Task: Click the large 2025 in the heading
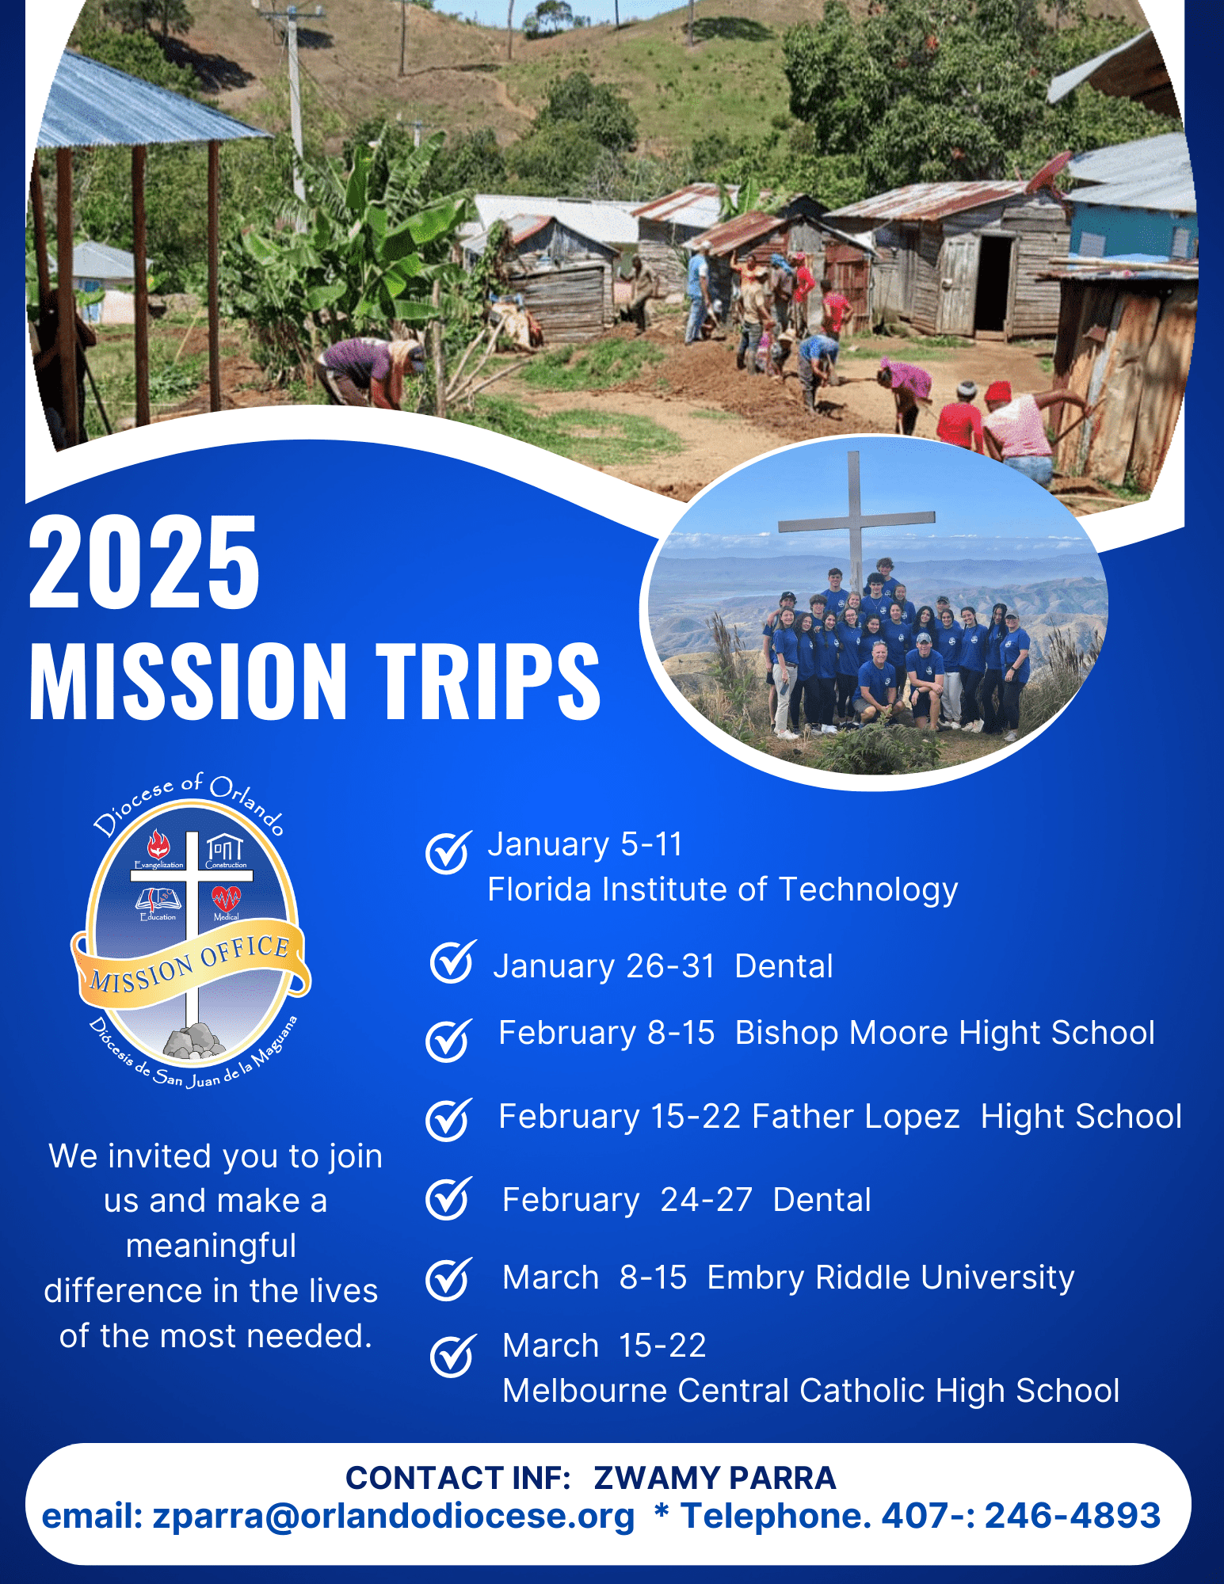144,562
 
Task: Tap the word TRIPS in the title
488,680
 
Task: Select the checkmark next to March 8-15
449,1278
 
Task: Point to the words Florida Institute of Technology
723,890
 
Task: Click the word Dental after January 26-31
784,966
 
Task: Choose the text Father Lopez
856,1117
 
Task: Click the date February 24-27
627,1201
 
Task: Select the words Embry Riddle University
890,1277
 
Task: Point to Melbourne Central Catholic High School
811,1391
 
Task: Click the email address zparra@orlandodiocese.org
394,1516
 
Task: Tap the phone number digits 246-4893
1072,1515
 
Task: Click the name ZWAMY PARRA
715,1478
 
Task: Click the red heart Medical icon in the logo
226,898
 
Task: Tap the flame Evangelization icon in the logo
158,844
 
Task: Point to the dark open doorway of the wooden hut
993,283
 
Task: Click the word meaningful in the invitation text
212,1247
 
